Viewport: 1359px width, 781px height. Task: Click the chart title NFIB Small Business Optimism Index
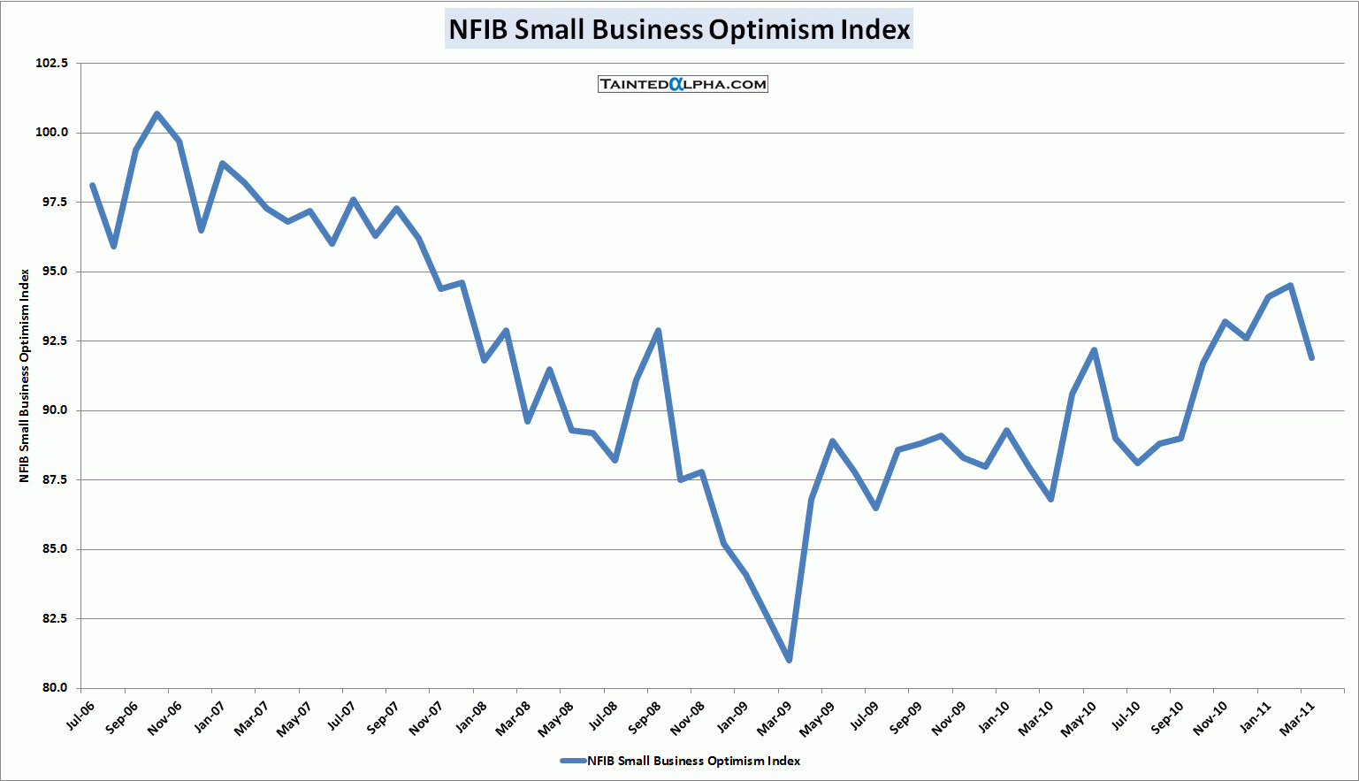[x=679, y=29]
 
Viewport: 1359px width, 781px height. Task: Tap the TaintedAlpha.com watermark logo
[x=683, y=84]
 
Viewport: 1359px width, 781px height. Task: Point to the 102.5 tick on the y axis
[x=51, y=64]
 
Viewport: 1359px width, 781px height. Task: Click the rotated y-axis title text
[x=25, y=376]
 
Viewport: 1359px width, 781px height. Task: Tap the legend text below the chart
[x=694, y=761]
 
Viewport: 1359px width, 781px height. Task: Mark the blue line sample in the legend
[x=573, y=761]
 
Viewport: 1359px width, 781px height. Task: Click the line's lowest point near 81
[x=789, y=660]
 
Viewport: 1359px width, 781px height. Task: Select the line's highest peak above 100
[x=157, y=113]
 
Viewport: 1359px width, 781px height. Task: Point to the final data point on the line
[x=1311, y=357]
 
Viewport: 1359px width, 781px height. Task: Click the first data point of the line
[x=92, y=185]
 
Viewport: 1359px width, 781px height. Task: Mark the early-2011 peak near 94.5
[x=1290, y=286]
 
